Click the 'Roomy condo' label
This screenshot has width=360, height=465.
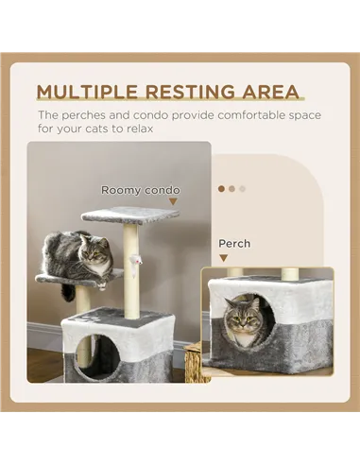pyautogui.click(x=140, y=190)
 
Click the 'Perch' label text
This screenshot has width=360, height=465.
pyautogui.click(x=234, y=243)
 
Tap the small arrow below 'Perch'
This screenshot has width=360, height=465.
pyautogui.click(x=223, y=256)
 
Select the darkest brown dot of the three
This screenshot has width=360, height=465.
pyautogui.click(x=221, y=188)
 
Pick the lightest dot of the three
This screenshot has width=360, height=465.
pyautogui.click(x=242, y=188)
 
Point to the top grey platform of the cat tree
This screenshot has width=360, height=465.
pyautogui.click(x=129, y=215)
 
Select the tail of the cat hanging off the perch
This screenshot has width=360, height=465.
pyautogui.click(x=68, y=292)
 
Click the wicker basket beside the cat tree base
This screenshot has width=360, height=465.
pyautogui.click(x=192, y=363)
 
